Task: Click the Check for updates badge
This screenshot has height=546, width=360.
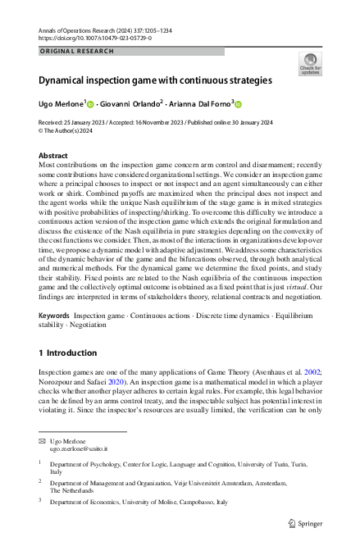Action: (x=311, y=63)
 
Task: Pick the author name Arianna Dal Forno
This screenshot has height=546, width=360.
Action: (x=199, y=105)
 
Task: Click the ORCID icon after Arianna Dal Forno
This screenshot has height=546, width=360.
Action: (x=239, y=105)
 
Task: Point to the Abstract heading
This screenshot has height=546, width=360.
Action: (x=53, y=155)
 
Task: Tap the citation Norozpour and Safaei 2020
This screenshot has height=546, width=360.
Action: (x=84, y=381)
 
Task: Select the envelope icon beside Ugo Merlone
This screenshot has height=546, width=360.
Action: (x=43, y=441)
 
